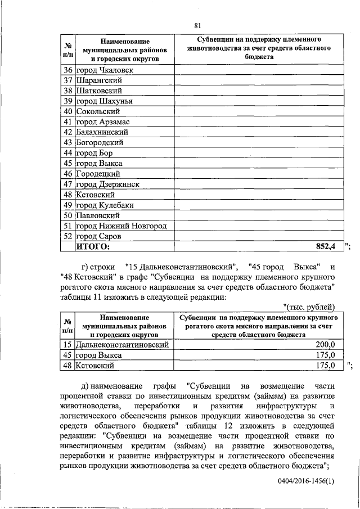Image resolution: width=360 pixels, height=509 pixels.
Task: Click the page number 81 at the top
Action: click(197, 25)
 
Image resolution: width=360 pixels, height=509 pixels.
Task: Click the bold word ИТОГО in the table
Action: click(94, 246)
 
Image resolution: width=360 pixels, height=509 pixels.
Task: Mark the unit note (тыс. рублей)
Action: click(309, 307)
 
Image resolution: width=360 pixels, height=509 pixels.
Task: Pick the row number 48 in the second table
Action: click(67, 366)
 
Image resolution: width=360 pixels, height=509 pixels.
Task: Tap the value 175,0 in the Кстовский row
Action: click(325, 366)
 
